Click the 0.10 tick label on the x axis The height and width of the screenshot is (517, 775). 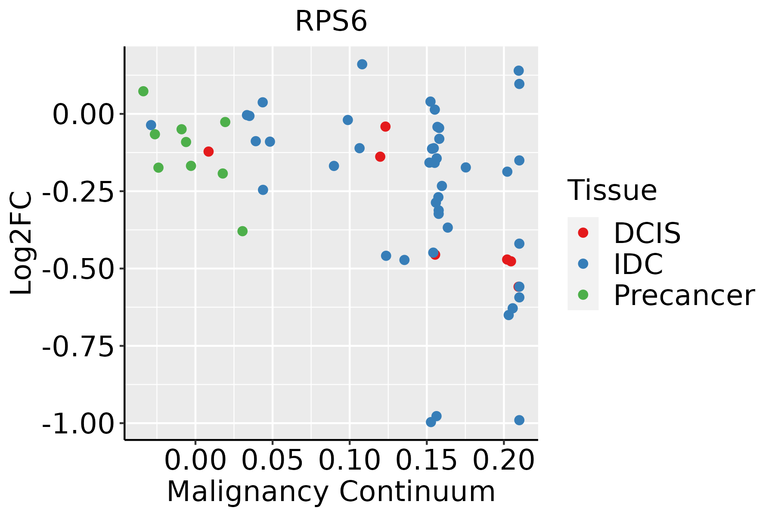tap(349, 461)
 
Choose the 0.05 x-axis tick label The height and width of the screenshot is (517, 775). tap(272, 461)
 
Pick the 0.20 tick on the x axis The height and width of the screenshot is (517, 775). tap(503, 461)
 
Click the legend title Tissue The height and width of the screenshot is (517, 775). tap(612, 190)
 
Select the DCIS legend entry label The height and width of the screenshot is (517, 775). tap(647, 233)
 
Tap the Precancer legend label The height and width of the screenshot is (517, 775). tap(684, 296)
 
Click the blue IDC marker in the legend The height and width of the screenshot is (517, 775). tap(583, 264)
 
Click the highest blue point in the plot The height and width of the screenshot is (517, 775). tap(362, 64)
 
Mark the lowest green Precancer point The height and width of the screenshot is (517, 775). tap(242, 231)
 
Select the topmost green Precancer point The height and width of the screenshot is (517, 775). tap(143, 91)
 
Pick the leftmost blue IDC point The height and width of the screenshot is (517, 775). tap(151, 125)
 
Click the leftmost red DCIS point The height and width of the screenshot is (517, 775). tap(208, 152)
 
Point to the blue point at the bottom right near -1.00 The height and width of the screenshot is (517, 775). tap(519, 420)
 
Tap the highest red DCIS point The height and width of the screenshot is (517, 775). tap(385, 127)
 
